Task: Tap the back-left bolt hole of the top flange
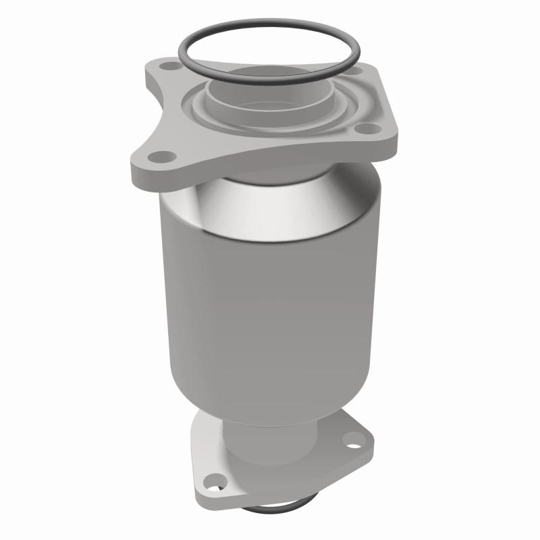click(169, 65)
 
